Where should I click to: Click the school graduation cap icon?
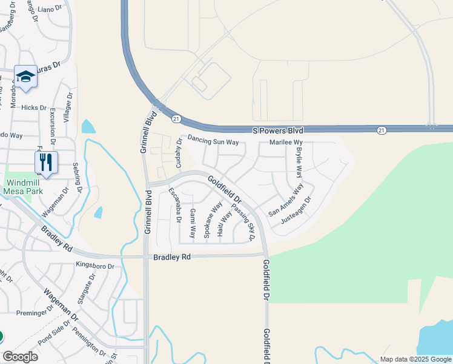(25, 76)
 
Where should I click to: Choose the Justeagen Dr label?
(296, 210)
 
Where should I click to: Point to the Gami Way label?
(193, 223)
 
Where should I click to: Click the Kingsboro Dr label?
(95, 266)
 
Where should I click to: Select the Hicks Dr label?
(33, 107)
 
